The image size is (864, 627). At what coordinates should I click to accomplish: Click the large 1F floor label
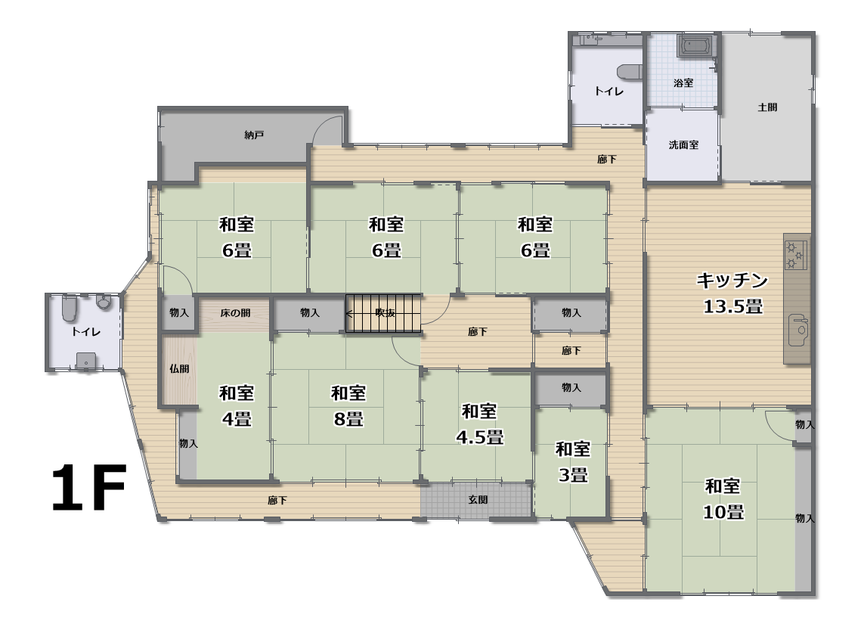89,487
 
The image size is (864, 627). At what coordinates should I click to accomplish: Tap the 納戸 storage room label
254,135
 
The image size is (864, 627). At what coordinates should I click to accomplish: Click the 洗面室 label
683,144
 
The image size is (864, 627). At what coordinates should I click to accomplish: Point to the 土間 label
767,107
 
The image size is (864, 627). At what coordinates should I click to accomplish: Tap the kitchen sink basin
798,330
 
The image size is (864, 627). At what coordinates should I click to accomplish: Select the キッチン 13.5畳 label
732,293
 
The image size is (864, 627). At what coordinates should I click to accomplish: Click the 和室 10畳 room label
723,498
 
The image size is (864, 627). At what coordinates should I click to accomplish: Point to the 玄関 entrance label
478,500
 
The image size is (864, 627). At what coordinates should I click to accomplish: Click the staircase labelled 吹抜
383,313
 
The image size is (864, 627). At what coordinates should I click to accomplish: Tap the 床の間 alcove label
235,312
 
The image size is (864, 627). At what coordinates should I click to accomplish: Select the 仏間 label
179,368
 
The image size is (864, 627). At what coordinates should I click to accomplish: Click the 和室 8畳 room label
348,406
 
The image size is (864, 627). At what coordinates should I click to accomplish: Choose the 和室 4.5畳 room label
479,424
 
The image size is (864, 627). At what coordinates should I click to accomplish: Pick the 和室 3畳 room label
573,461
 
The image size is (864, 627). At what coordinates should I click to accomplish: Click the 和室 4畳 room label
237,406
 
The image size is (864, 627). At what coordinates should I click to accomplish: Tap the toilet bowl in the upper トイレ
630,72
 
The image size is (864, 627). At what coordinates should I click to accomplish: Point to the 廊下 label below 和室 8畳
277,500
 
